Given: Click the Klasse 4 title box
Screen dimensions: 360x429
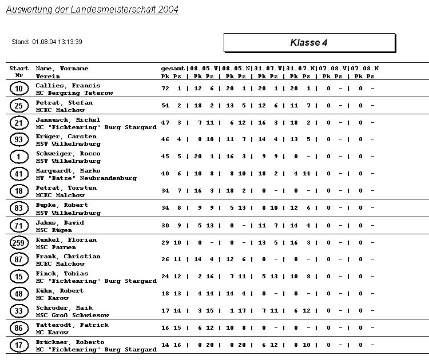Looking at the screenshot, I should pyautogui.click(x=309, y=43).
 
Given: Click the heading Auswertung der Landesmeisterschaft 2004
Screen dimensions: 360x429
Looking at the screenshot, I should pyautogui.click(x=92, y=10).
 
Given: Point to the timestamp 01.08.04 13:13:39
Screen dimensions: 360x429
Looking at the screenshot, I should pyautogui.click(x=57, y=42).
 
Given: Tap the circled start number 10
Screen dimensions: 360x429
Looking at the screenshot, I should pyautogui.click(x=19, y=89).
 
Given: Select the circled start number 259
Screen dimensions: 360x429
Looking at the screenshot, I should pyautogui.click(x=19, y=243).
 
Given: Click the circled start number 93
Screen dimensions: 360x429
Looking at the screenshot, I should pyautogui.click(x=19, y=140).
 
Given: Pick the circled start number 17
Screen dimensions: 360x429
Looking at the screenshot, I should pyautogui.click(x=19, y=345).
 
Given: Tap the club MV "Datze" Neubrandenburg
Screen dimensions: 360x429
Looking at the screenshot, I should pyautogui.click(x=86, y=178).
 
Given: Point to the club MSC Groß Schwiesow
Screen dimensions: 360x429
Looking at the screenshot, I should pyautogui.click(x=73, y=315).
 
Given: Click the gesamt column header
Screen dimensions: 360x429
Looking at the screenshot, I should pyautogui.click(x=173, y=69).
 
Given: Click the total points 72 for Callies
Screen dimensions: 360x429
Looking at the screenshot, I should pyautogui.click(x=165, y=89).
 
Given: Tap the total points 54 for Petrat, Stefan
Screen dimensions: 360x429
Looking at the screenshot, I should pyautogui.click(x=165, y=106).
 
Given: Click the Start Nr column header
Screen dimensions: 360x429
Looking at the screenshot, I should pyautogui.click(x=19, y=72).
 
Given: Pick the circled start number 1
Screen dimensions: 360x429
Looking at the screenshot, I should pyautogui.click(x=19, y=157).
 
